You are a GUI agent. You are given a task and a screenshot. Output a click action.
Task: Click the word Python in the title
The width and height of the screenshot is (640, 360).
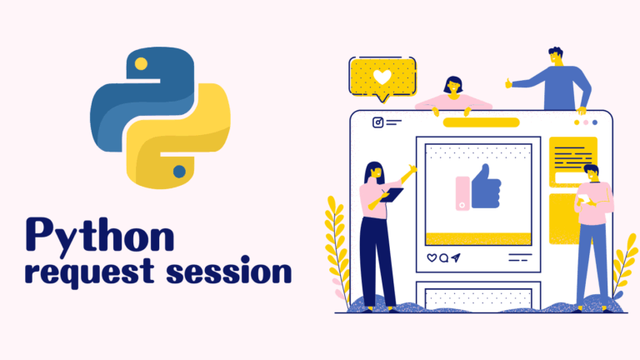(x=100, y=236)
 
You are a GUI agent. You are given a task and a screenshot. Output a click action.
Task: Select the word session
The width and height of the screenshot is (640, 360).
(x=229, y=270)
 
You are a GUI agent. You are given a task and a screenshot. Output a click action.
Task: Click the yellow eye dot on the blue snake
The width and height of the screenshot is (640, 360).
(x=141, y=63)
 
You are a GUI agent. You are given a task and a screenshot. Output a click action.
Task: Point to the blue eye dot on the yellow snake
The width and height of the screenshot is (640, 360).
(x=179, y=172)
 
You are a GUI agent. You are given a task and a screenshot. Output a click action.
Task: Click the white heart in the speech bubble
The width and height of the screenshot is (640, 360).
(x=382, y=77)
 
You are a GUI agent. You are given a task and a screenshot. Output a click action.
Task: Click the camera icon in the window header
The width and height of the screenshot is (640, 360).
(x=378, y=122)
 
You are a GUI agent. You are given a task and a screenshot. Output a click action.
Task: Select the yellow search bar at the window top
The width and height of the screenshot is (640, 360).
(x=481, y=122)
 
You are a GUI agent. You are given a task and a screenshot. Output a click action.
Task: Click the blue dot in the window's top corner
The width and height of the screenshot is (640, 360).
(x=595, y=122)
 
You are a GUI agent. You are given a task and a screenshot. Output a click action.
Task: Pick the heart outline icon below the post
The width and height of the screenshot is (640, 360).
(x=432, y=257)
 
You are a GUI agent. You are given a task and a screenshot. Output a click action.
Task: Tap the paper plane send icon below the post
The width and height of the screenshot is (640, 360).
(x=456, y=257)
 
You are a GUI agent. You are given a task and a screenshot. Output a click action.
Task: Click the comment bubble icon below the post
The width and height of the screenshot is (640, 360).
(x=443, y=258)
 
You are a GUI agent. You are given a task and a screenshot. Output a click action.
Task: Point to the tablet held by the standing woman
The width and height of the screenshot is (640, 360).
(x=392, y=195)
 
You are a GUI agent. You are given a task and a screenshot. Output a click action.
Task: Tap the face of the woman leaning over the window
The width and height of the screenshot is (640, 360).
(x=453, y=87)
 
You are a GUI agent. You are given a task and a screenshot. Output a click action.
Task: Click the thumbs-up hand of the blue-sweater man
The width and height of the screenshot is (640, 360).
(x=508, y=83)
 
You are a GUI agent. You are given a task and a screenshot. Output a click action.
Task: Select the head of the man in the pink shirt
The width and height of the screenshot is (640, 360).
(x=592, y=173)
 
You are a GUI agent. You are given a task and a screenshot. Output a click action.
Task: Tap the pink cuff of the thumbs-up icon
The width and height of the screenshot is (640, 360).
(x=462, y=193)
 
